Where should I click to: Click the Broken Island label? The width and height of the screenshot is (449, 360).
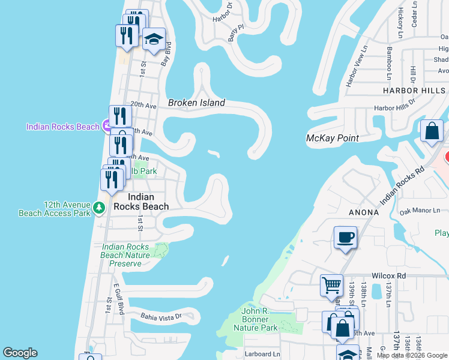click(196, 103)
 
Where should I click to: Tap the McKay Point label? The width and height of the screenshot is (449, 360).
click(332, 138)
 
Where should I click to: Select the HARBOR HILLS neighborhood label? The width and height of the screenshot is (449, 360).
click(415, 91)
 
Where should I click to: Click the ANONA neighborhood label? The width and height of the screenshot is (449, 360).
click(363, 212)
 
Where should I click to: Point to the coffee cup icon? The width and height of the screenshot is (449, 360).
click(345, 238)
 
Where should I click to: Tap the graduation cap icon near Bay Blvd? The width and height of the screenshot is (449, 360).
click(154, 40)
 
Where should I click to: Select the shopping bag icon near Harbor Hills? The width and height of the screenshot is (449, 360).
click(432, 130)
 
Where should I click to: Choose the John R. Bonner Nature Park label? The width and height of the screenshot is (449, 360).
click(259, 319)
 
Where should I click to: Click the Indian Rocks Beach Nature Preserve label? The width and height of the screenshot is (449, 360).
click(125, 255)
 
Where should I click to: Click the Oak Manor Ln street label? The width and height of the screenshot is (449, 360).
click(424, 211)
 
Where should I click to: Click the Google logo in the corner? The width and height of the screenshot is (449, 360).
click(20, 353)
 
